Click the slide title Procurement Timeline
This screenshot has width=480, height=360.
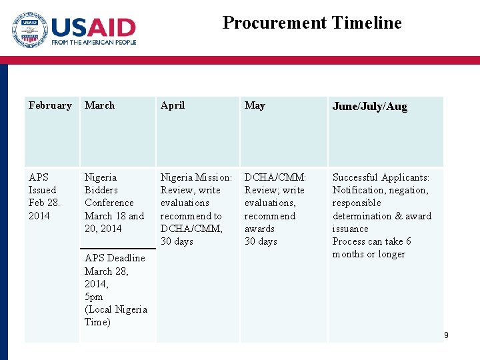tap(312, 23)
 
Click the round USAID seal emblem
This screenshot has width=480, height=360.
tap(29, 30)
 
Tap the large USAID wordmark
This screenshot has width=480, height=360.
tap(93, 27)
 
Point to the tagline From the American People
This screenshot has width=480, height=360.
tap(93, 42)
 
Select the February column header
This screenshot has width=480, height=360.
tap(50, 105)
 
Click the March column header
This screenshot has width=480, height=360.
tap(99, 105)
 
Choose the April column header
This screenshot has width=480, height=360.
tap(173, 105)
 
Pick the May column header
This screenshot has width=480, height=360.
tap(255, 105)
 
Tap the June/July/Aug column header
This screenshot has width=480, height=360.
tap(369, 107)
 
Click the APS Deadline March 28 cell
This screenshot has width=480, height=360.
tap(115, 265)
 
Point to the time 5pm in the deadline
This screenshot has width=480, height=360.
tap(94, 297)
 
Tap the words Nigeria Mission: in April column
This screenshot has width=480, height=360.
tap(196, 177)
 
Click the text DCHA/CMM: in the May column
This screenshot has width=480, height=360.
tap(275, 177)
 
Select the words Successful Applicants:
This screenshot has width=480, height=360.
tap(381, 177)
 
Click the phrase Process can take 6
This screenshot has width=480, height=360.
tap(371, 241)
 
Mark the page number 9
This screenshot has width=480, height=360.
tap(445, 335)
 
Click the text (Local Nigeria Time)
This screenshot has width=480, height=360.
tap(115, 315)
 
